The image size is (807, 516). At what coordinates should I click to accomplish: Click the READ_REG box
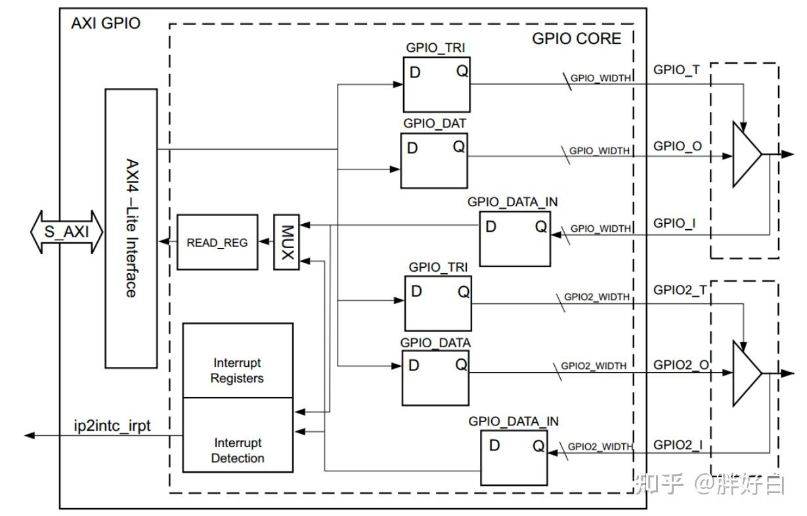217,242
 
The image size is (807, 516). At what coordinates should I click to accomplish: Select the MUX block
286,242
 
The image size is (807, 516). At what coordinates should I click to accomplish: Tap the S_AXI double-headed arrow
67,232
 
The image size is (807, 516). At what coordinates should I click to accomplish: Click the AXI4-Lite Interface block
131,228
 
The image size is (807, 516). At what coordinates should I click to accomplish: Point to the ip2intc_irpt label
112,425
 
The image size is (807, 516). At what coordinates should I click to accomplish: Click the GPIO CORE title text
577,39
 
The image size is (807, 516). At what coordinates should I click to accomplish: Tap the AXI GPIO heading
106,24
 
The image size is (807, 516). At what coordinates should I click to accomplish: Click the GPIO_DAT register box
434,161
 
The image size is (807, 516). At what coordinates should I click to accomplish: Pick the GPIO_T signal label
676,70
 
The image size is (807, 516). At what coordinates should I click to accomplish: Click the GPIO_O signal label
677,146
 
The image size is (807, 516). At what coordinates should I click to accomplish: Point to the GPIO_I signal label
674,223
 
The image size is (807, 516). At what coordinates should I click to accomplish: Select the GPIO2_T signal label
680,290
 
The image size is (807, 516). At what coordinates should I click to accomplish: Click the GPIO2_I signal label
678,445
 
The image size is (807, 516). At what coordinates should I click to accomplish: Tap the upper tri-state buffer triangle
746,154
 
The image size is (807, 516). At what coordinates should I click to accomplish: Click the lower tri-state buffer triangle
746,374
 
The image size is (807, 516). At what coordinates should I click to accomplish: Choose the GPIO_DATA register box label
435,343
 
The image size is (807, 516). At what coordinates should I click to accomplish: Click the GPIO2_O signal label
681,365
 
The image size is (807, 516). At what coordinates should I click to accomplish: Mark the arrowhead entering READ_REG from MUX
264,241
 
